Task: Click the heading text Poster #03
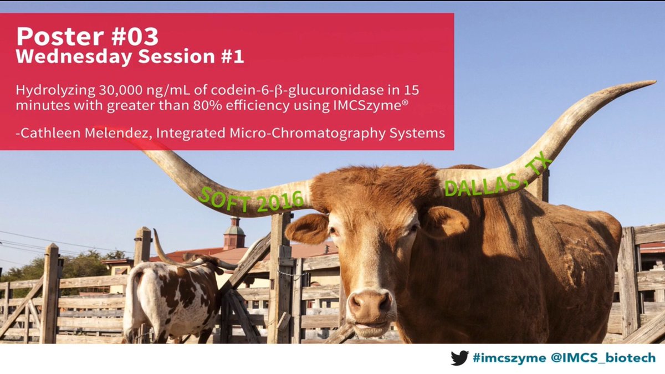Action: click(x=87, y=37)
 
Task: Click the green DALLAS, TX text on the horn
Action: click(x=498, y=175)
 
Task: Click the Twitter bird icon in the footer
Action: click(x=459, y=358)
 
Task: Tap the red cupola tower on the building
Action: click(x=234, y=233)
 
